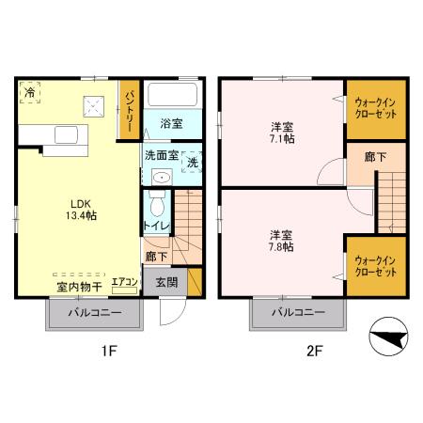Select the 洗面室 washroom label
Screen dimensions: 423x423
click(160, 156)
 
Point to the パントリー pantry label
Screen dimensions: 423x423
click(129, 110)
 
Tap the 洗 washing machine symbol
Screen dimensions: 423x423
click(191, 161)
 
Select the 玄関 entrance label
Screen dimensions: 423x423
click(166, 281)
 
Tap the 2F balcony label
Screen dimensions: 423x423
click(298, 313)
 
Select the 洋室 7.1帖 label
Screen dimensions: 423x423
click(279, 133)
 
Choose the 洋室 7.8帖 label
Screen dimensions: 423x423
click(279, 240)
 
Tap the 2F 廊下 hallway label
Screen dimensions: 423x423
click(361, 155)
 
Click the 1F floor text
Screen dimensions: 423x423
click(108, 353)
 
